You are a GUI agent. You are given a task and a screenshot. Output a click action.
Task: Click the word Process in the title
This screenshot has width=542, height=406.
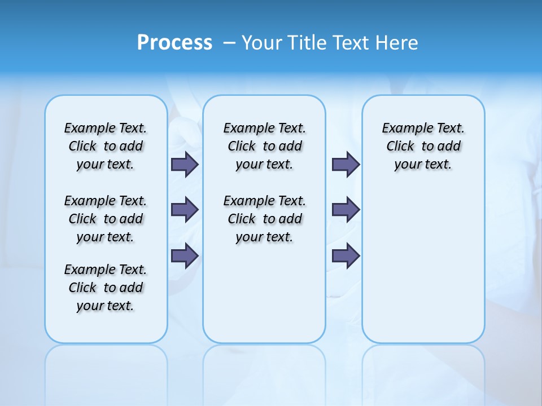click(174, 43)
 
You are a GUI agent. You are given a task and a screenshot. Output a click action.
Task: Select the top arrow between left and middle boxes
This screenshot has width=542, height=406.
click(185, 164)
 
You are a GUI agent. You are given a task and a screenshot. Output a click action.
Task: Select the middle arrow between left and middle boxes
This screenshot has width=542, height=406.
click(185, 210)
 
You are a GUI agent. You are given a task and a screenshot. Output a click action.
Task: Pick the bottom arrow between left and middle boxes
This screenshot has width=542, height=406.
click(185, 256)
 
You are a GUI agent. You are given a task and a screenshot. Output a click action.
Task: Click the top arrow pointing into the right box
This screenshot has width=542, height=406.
click(346, 164)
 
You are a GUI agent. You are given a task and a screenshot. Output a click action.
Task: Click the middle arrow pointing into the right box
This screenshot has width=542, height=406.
click(346, 210)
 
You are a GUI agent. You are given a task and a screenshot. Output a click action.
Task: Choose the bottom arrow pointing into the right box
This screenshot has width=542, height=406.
click(346, 256)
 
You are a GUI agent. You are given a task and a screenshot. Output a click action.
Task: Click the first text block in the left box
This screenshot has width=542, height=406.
click(106, 146)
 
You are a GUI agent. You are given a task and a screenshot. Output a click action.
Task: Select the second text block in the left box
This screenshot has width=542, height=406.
click(106, 219)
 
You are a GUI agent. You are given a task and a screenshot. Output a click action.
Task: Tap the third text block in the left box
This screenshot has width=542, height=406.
click(106, 288)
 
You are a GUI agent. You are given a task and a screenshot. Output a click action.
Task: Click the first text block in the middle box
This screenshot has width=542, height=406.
click(264, 146)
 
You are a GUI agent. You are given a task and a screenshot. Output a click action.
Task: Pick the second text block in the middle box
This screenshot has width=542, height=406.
click(264, 219)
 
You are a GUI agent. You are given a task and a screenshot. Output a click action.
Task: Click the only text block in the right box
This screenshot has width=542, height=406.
click(423, 146)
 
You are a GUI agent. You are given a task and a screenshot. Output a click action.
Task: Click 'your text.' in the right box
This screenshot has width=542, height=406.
click(423, 165)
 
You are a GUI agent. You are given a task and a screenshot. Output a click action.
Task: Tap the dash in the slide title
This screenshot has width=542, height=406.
click(229, 43)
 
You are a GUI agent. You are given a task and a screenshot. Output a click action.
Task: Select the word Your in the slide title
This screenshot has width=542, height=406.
click(261, 43)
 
